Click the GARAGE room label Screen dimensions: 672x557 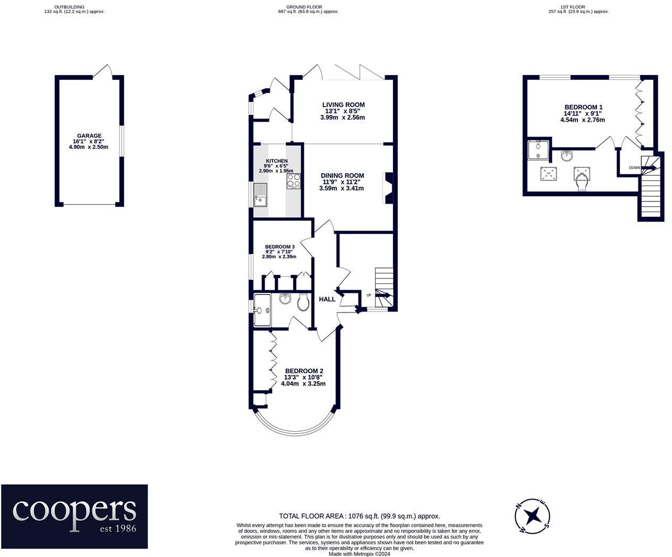click(89, 136)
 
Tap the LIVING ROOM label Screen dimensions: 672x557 click(343, 105)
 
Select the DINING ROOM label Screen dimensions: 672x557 click(343, 175)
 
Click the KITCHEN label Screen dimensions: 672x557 click(277, 161)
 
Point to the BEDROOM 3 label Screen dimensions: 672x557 click(279, 247)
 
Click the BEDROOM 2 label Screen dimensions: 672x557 click(304, 371)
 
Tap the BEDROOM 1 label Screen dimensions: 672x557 click(583, 107)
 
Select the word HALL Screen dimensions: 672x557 click(327, 299)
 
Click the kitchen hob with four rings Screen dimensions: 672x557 click(294, 181)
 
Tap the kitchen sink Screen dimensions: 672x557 click(260, 195)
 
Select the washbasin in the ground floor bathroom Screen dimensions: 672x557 click(285, 299)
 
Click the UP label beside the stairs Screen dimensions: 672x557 click(369, 296)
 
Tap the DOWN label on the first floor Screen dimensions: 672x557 click(635, 168)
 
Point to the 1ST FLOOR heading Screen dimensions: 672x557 click(579, 7)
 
